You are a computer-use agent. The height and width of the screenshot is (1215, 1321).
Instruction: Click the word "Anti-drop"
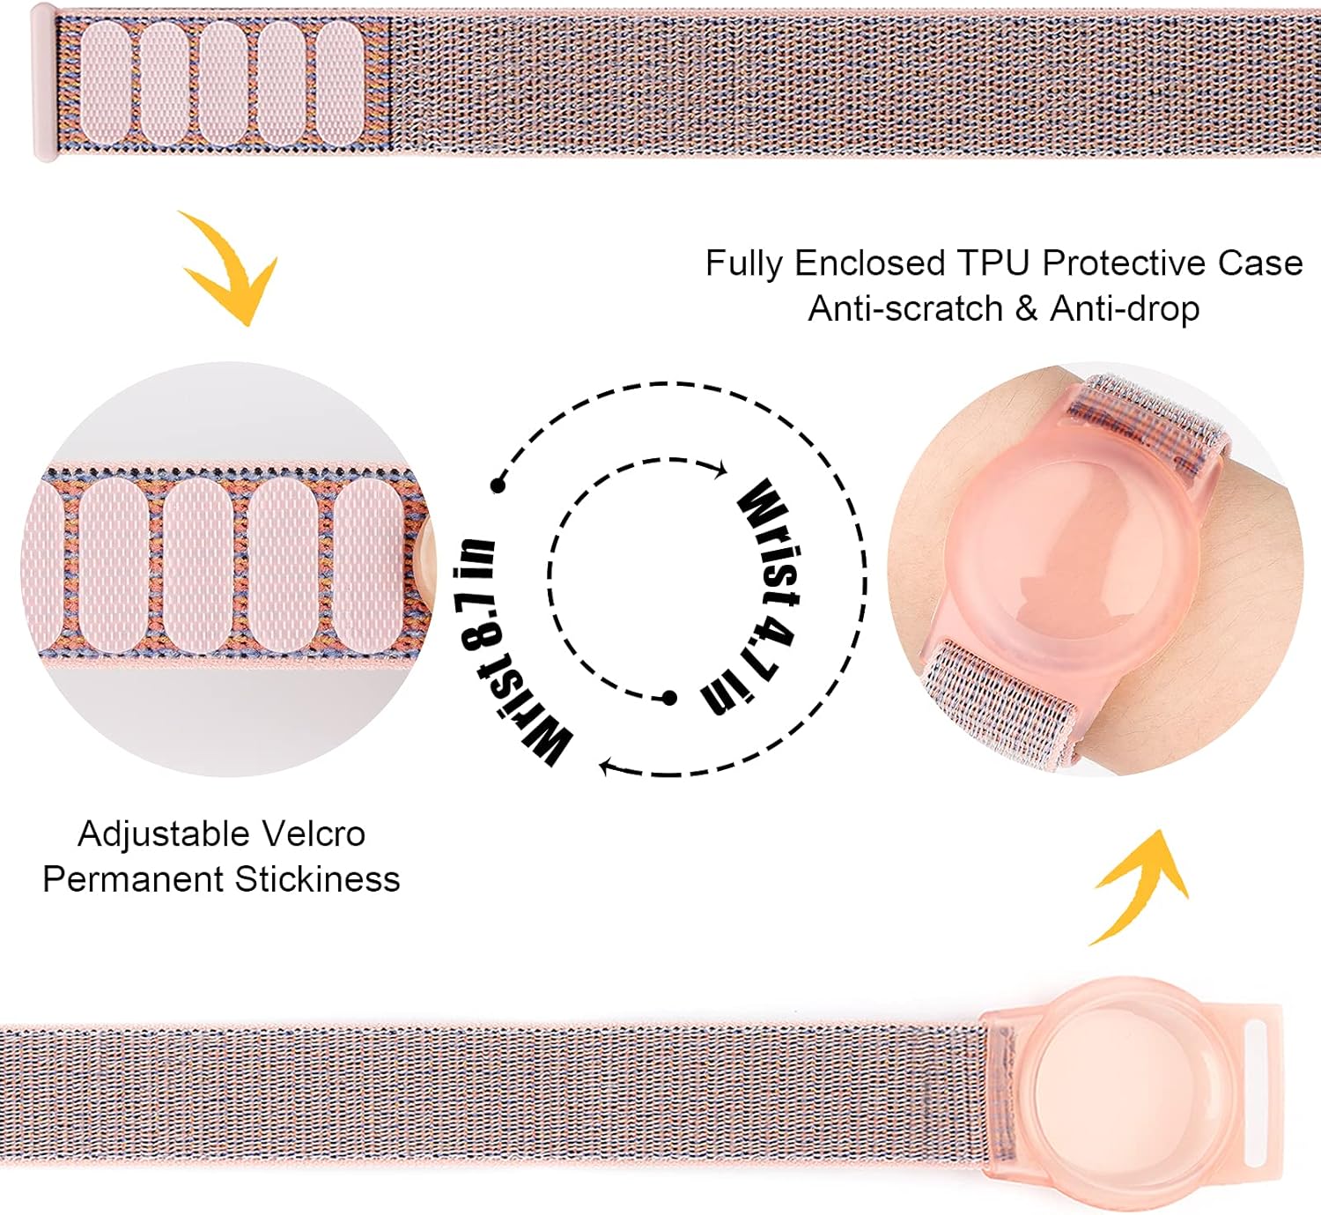(x=1125, y=308)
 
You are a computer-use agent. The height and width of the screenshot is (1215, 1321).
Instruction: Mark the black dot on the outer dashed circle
(x=498, y=485)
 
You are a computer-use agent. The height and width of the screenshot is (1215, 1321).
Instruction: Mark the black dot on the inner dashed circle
(x=669, y=698)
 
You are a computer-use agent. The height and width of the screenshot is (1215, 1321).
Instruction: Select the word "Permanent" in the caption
(x=133, y=879)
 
